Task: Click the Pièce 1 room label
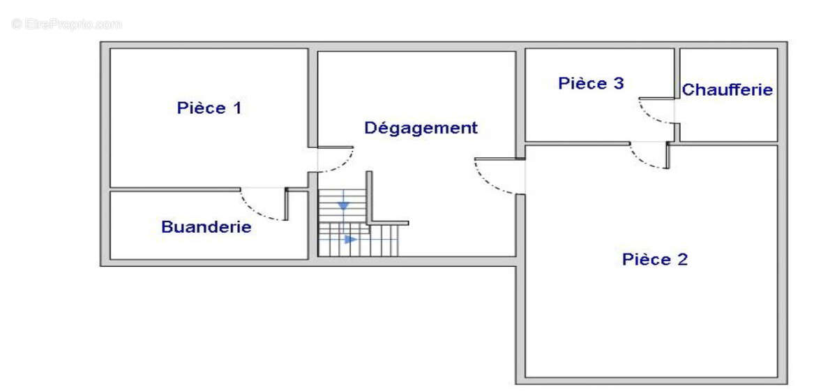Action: (209, 108)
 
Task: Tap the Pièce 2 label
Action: (655, 259)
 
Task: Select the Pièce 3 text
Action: (591, 83)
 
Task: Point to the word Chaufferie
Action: (727, 90)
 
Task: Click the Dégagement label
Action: (421, 128)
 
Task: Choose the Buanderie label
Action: (206, 227)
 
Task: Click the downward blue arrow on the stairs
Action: (343, 205)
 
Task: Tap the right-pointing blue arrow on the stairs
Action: (350, 239)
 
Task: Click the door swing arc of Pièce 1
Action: (344, 166)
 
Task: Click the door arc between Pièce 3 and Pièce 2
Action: (640, 160)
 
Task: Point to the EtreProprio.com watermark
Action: (66, 24)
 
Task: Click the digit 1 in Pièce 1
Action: (237, 108)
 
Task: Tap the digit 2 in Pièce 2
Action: (683, 259)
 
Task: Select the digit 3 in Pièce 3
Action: (619, 83)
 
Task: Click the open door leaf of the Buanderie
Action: (287, 204)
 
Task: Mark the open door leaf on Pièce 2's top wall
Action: (668, 155)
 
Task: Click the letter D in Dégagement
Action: (370, 128)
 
